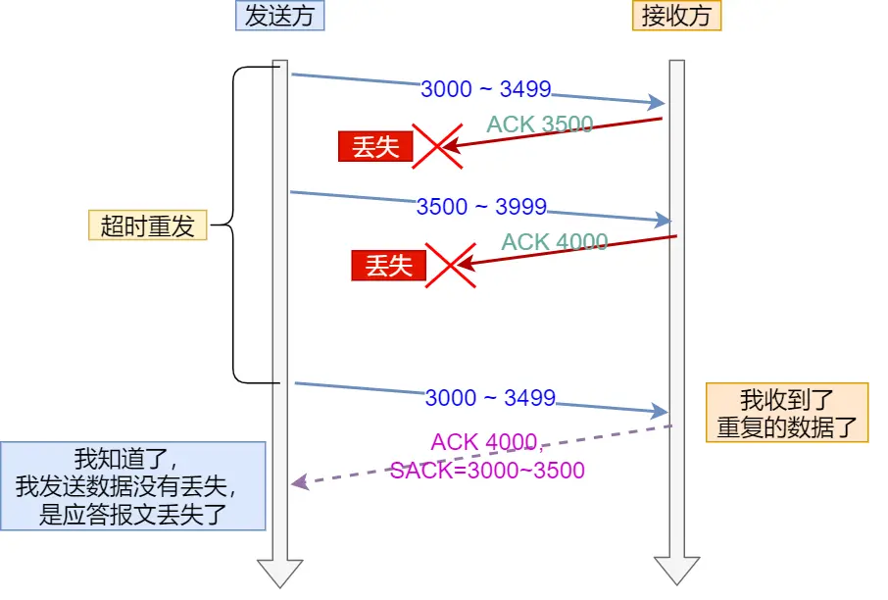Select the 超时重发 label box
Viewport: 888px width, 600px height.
(x=148, y=225)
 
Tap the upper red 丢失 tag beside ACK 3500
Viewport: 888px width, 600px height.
(x=375, y=147)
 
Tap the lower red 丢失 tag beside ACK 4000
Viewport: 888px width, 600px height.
(x=389, y=265)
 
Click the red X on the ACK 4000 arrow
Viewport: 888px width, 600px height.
(x=449, y=265)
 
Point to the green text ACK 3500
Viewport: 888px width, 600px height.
(x=540, y=125)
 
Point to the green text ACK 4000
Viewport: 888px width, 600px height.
(x=555, y=242)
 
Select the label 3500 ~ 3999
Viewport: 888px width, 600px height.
(x=481, y=207)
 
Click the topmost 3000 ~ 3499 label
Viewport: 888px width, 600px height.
(x=486, y=89)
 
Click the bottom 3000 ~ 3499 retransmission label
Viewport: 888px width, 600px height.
(x=490, y=398)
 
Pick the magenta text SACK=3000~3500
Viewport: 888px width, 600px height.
(x=487, y=471)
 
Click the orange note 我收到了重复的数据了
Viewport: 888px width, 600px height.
(x=787, y=413)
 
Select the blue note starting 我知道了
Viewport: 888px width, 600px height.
(x=133, y=486)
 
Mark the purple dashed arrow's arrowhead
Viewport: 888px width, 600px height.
(x=299, y=482)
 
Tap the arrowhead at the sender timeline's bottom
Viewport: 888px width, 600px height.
(x=280, y=572)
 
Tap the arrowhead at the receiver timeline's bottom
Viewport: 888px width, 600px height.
(x=677, y=572)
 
